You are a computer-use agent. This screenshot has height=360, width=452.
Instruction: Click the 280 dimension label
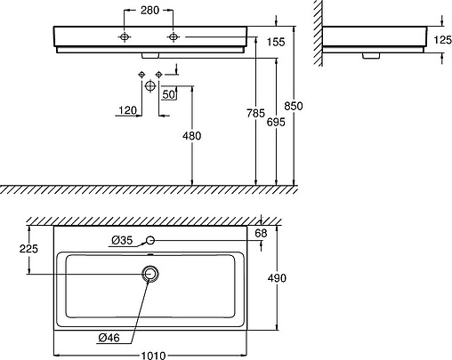pos(149,11)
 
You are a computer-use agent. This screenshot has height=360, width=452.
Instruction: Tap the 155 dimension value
pos(276,42)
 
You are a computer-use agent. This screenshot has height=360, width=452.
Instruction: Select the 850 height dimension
pos(294,106)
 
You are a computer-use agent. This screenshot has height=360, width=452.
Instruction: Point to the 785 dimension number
pos(255,113)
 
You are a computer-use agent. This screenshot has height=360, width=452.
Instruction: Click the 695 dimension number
pos(276,122)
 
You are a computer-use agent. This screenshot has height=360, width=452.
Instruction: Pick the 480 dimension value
pos(192,136)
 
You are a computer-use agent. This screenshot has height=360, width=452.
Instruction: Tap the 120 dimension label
pos(127,110)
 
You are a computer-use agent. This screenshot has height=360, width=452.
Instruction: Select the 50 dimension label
pos(168,94)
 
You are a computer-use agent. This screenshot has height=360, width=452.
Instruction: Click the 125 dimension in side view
pos(442,39)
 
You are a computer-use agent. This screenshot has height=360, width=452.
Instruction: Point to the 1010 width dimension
pos(153,356)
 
